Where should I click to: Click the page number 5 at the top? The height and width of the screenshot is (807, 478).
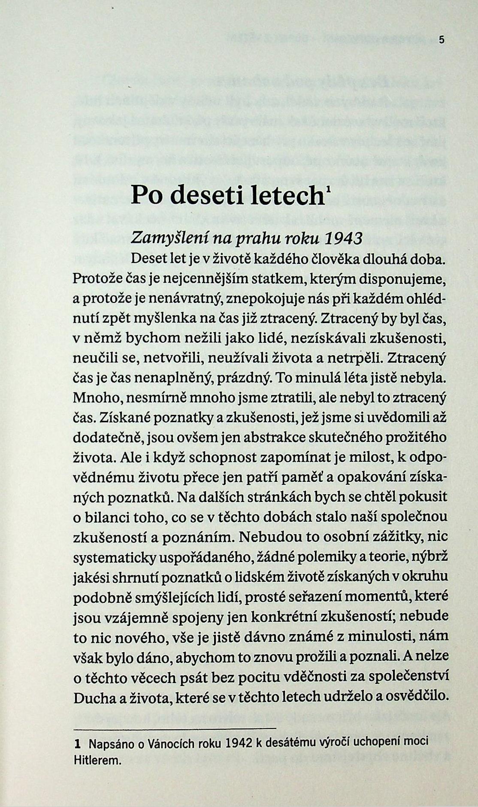tap(442, 40)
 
